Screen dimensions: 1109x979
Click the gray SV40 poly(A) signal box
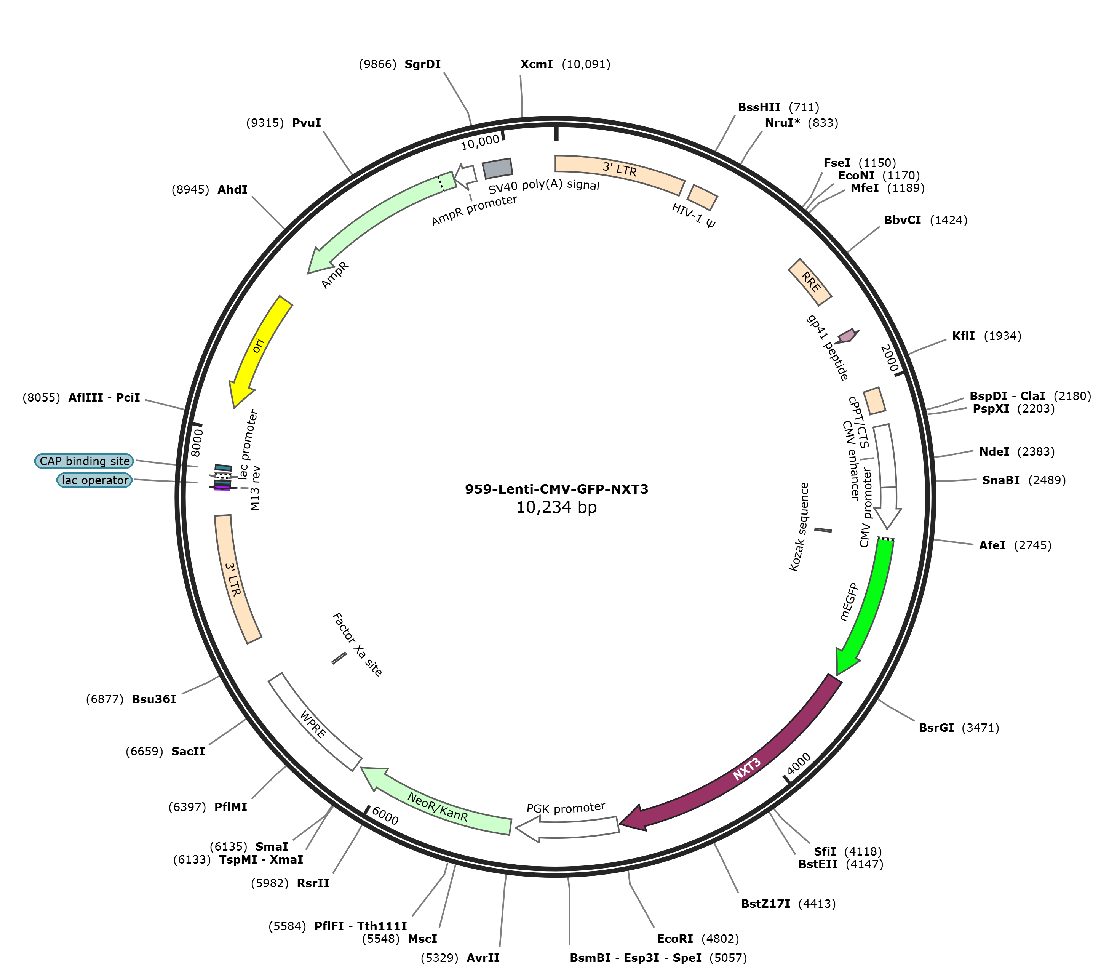[x=497, y=168]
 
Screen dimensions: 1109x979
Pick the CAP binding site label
[x=84, y=461]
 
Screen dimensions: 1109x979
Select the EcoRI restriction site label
[x=675, y=938]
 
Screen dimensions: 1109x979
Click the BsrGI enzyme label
[x=936, y=727]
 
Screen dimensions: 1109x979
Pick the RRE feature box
[x=810, y=282]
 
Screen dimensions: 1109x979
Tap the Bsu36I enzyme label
[x=154, y=699]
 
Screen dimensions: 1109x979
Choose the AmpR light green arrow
[x=374, y=217]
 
